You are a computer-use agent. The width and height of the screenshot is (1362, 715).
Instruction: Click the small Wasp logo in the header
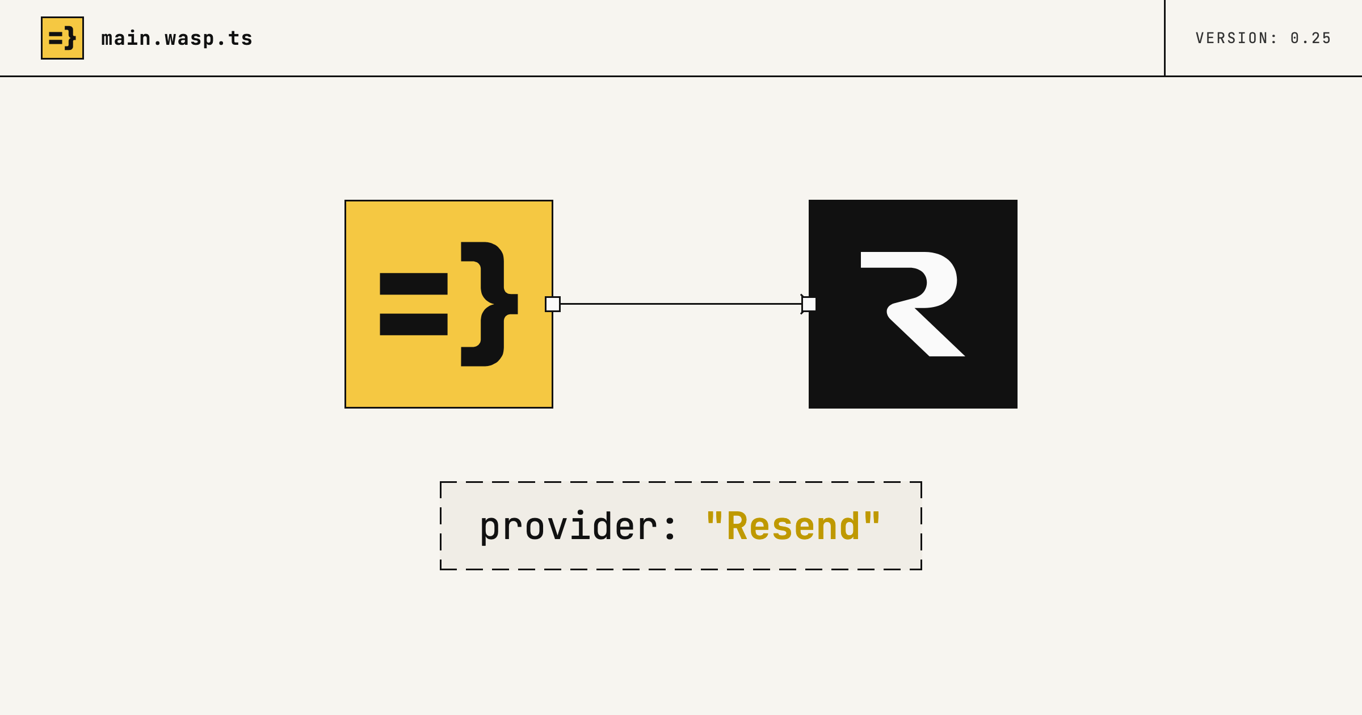click(x=62, y=38)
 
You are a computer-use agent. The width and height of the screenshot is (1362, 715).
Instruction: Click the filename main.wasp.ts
click(x=176, y=39)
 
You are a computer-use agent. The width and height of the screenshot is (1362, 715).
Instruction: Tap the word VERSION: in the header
click(x=1237, y=38)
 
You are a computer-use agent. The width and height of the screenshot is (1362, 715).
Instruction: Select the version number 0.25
click(x=1311, y=38)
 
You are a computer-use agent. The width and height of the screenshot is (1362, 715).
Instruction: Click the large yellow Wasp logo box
click(x=449, y=304)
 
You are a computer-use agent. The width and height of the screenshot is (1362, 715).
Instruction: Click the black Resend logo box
click(x=913, y=304)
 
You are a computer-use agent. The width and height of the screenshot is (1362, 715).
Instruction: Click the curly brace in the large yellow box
click(x=489, y=304)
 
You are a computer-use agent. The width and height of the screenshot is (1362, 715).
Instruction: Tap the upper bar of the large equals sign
click(x=414, y=284)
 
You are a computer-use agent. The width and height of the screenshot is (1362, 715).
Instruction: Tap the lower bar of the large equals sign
click(x=414, y=325)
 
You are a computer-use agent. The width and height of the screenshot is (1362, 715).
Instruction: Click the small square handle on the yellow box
click(x=553, y=304)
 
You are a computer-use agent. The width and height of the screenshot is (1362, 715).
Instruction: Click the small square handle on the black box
click(x=809, y=304)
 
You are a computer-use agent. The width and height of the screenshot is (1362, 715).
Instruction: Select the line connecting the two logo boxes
click(x=681, y=304)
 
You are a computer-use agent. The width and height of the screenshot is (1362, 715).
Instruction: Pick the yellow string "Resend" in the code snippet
click(x=793, y=526)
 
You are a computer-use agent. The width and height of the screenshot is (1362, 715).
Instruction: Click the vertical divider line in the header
click(x=1165, y=38)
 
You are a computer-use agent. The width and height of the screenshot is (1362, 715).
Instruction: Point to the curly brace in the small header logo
click(x=70, y=38)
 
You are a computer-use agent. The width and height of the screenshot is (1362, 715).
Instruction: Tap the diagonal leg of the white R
click(x=931, y=332)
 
